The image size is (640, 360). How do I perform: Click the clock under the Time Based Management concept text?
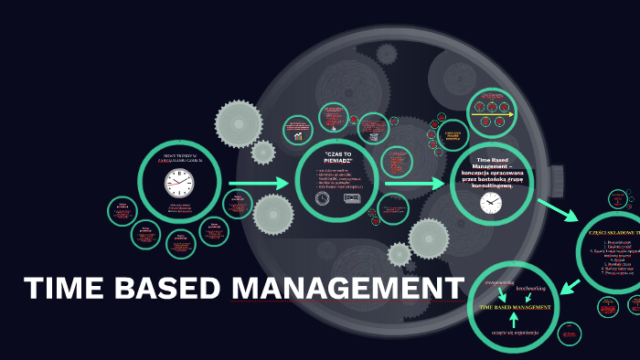click(492, 203)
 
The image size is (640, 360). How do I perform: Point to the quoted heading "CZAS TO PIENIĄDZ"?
click(337, 157)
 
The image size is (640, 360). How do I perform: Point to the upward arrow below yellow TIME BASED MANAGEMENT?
click(514, 322)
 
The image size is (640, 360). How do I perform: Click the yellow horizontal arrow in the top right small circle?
click(493, 116)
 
